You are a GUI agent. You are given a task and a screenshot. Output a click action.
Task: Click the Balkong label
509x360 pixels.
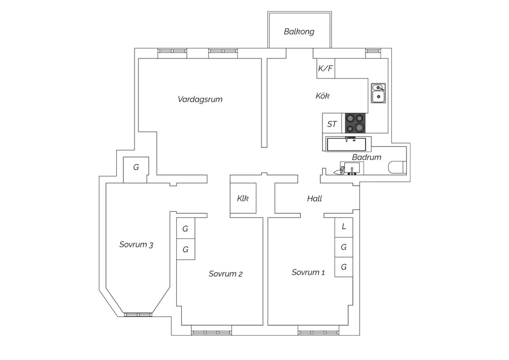299,32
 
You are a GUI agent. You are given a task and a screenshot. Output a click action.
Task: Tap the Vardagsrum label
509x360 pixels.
200,100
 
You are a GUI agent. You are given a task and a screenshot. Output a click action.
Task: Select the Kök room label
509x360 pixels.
322,96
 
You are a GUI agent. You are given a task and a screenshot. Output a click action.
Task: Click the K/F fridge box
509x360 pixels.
326,68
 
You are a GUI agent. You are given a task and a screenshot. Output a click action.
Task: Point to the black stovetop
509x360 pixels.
355,123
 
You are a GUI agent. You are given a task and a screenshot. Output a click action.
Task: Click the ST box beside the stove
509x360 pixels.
332,123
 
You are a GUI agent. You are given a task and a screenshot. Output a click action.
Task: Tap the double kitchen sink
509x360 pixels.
378,93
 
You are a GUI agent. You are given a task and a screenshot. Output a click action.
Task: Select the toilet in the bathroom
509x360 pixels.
397,167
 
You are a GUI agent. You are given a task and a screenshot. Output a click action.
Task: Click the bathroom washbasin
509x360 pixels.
352,168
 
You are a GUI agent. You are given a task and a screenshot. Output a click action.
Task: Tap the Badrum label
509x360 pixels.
366,157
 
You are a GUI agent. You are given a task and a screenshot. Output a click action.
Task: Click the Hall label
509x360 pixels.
315,199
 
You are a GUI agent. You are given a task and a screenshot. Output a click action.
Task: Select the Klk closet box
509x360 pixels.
243,198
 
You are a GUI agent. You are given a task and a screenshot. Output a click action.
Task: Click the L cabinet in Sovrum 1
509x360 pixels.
344,228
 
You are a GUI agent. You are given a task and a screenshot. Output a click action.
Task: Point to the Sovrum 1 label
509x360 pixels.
308,272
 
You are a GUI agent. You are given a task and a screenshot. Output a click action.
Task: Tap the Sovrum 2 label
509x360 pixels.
226,274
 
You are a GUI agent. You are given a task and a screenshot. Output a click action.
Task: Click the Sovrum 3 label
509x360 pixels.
136,245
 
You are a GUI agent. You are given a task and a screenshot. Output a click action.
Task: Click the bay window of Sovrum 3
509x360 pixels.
138,315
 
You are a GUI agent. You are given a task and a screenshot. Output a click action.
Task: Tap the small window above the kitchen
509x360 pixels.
373,51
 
